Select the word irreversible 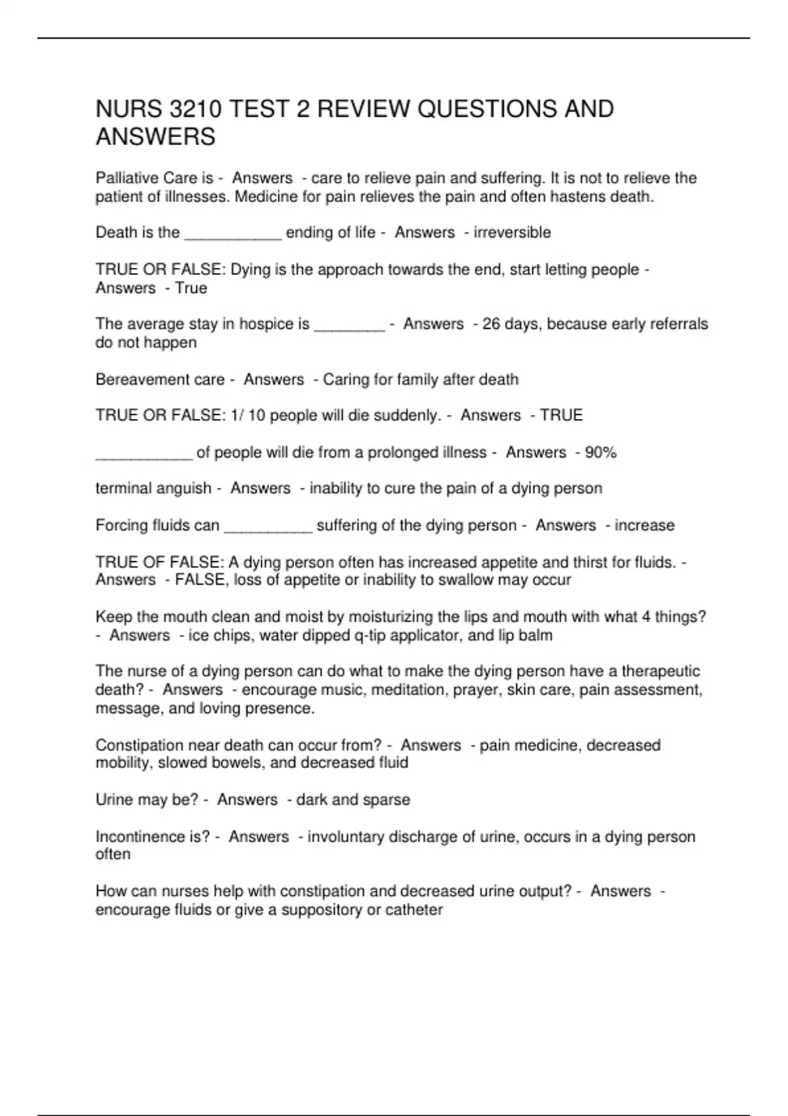tap(512, 232)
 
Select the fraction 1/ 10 tap(248, 416)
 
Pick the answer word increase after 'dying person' tap(644, 525)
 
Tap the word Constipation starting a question tap(139, 745)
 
